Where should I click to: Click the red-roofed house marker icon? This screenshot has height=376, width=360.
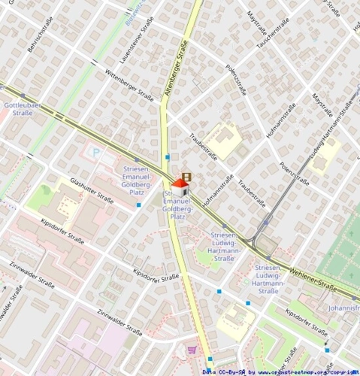[x=180, y=186]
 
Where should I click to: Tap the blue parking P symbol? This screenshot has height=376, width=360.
[x=95, y=152]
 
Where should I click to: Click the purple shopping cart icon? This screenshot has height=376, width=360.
[x=192, y=349]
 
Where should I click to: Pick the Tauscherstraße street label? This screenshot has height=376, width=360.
[x=274, y=34]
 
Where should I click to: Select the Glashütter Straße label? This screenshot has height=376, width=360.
[x=92, y=191]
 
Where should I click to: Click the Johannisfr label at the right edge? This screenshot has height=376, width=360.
[x=343, y=308]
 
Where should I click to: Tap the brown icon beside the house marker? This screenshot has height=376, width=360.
[x=186, y=177]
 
